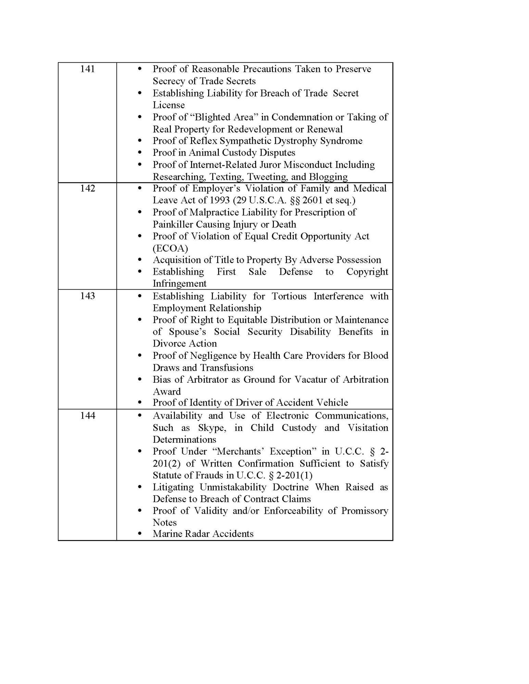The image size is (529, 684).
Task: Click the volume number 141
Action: click(x=87, y=69)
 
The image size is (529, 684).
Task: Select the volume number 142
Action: click(x=87, y=188)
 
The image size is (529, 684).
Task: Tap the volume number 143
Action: click(x=87, y=296)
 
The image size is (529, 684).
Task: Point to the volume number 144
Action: click(x=87, y=416)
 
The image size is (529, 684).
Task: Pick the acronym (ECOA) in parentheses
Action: click(x=170, y=248)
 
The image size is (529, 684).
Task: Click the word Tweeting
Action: click(x=267, y=177)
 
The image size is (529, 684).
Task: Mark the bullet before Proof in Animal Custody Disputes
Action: click(x=139, y=153)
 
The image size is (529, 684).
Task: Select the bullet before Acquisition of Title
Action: click(x=139, y=260)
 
